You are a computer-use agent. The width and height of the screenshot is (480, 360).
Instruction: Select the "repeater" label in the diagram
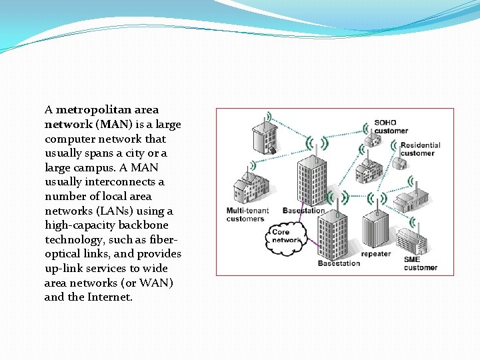coord(375,254)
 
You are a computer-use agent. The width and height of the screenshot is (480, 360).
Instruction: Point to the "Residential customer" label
coord(420,149)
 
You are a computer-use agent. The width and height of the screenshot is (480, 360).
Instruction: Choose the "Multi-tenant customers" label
coord(247,215)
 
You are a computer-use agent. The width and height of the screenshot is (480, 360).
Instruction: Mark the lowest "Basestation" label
coord(339,263)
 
